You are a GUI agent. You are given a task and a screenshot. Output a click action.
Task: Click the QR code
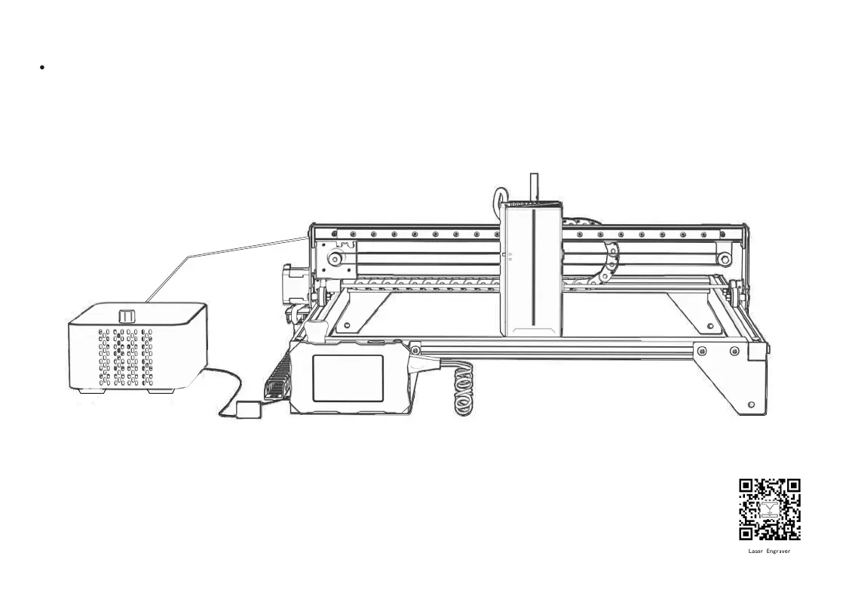coord(769,509)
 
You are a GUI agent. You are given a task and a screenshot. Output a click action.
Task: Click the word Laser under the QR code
coord(757,551)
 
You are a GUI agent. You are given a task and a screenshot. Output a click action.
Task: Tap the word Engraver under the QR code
coord(779,551)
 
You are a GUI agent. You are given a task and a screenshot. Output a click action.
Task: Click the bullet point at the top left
coord(41,67)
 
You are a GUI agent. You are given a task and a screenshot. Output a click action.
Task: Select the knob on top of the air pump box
coord(126,315)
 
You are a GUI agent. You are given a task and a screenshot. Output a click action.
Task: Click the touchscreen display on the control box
coord(347,377)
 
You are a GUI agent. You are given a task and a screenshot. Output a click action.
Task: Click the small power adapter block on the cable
coord(248,410)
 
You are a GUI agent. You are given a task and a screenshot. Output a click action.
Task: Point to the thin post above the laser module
coord(534,186)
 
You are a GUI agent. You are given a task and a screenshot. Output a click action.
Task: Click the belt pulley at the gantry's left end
coord(333,261)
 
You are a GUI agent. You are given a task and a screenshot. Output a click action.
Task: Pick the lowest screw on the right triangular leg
coord(750,405)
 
